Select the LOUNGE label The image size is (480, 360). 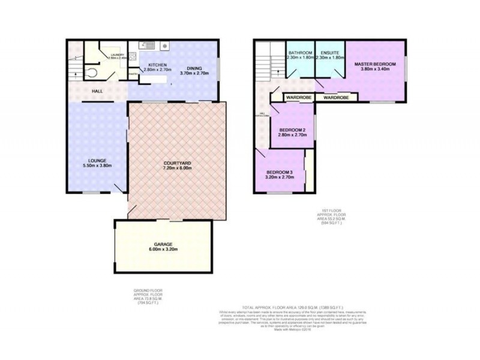97,160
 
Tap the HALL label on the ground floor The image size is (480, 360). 97,91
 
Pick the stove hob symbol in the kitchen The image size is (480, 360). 165,45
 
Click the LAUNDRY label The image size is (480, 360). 118,55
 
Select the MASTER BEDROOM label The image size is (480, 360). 375,64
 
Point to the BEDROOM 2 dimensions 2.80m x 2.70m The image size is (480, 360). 292,136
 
